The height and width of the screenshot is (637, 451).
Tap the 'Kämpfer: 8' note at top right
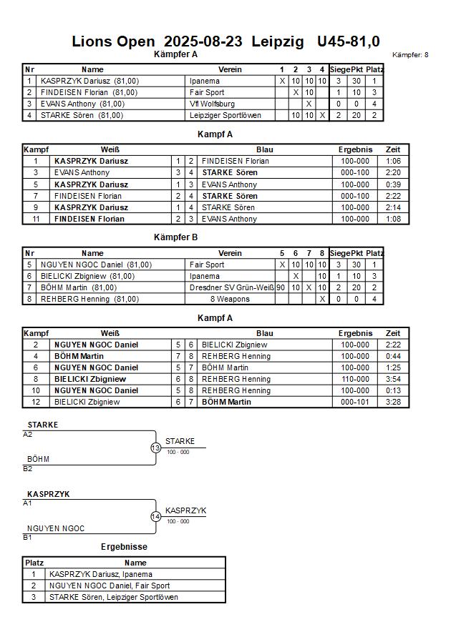point(411,55)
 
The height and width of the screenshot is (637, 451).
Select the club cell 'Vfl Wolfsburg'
point(212,104)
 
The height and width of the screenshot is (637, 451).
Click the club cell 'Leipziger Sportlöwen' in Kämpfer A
point(225,115)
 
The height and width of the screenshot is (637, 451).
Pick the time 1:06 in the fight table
point(393,162)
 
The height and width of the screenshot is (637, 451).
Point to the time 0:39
point(393,184)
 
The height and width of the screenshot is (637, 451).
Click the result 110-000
point(355,379)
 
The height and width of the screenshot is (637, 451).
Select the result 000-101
point(355,402)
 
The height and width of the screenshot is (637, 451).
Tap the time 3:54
point(393,379)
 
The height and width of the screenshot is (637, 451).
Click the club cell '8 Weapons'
point(229,299)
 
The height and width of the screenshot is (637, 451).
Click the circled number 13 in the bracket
point(156,448)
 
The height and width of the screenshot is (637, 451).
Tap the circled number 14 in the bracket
point(156,517)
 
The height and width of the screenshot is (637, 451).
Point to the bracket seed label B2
point(28,469)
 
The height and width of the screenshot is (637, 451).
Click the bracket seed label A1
point(28,503)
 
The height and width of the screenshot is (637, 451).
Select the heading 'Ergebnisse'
point(124,547)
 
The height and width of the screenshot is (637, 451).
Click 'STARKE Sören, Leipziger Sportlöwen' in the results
point(114,597)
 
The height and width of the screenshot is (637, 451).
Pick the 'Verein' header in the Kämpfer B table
point(230,253)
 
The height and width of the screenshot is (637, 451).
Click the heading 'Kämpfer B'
point(175,237)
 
